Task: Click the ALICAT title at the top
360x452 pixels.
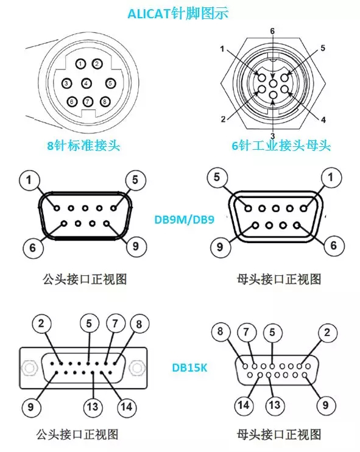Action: pyautogui.click(x=178, y=13)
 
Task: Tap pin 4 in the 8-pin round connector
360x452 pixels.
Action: pyautogui.click(x=86, y=83)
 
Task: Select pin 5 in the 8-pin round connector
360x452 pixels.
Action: pyautogui.click(x=110, y=83)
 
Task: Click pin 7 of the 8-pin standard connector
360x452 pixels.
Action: pyautogui.click(x=88, y=102)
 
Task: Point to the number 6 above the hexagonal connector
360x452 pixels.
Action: pyautogui.click(x=272, y=31)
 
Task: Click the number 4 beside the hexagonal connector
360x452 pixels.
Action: pyautogui.click(x=323, y=119)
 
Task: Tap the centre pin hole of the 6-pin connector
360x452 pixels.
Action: pyautogui.click(x=273, y=83)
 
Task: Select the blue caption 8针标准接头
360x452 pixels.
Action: pyautogui.click(x=83, y=145)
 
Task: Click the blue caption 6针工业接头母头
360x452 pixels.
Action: pyautogui.click(x=281, y=145)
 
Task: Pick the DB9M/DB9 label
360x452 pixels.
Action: pyautogui.click(x=185, y=220)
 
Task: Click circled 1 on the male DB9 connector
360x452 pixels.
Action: pyautogui.click(x=29, y=180)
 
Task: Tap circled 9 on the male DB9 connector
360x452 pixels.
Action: pyautogui.click(x=135, y=247)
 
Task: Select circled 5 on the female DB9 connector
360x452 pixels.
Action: pyautogui.click(x=217, y=177)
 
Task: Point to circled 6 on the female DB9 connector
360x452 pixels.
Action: pyautogui.click(x=334, y=245)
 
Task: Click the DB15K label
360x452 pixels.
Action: pyautogui.click(x=189, y=368)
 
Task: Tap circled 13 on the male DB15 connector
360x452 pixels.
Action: pyautogui.click(x=93, y=407)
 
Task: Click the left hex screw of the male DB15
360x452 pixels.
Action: pyautogui.click(x=29, y=368)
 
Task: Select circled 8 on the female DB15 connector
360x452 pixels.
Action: pyautogui.click(x=221, y=331)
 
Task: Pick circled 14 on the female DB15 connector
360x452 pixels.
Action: pyautogui.click(x=244, y=405)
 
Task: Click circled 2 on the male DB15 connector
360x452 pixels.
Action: pyautogui.click(x=41, y=323)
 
